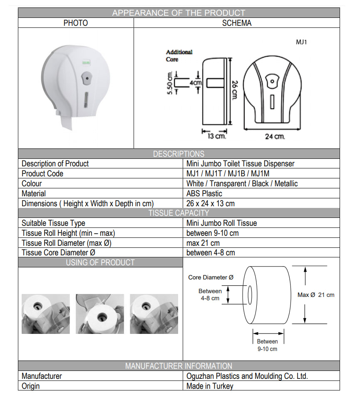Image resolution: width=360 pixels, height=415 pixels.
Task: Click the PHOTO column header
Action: point(75,23)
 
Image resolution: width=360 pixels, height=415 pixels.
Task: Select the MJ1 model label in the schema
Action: point(301,42)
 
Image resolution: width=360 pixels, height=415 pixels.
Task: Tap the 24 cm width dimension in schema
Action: point(275,136)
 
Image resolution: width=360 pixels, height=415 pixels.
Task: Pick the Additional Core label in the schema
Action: point(179,56)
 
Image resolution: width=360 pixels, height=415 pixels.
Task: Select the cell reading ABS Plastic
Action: point(204,194)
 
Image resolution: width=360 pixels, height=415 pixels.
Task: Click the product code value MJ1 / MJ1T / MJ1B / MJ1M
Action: point(231,174)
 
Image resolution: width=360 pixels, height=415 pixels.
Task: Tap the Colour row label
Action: point(32,184)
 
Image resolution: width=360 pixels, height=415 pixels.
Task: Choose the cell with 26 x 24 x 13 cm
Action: point(210,204)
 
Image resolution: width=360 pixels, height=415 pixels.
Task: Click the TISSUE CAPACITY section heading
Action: point(179,213)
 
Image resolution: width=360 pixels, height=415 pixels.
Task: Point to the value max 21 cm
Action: point(203,243)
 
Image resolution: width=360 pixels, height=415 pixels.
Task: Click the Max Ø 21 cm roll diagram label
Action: point(316,295)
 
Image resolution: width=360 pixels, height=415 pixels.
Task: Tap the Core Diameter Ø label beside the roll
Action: point(211,277)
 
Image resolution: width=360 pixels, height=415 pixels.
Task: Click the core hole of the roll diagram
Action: point(250,295)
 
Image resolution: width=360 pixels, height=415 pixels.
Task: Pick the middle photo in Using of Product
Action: point(100,314)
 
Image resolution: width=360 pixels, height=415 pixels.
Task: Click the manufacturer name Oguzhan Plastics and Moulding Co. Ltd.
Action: point(247,376)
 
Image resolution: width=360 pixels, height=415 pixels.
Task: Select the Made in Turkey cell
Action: point(210,386)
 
